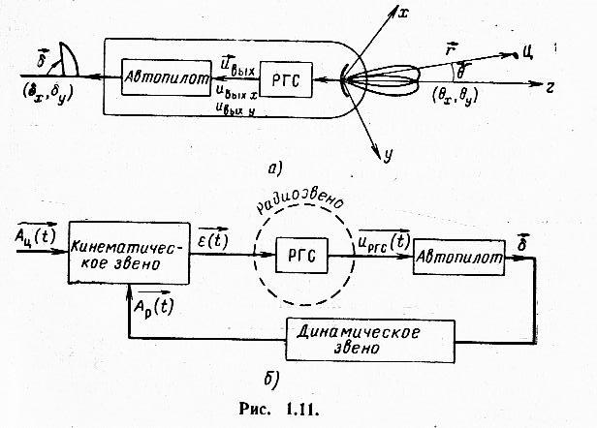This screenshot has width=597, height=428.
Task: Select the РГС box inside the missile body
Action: coord(291,84)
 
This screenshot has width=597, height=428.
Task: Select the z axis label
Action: coord(549,86)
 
